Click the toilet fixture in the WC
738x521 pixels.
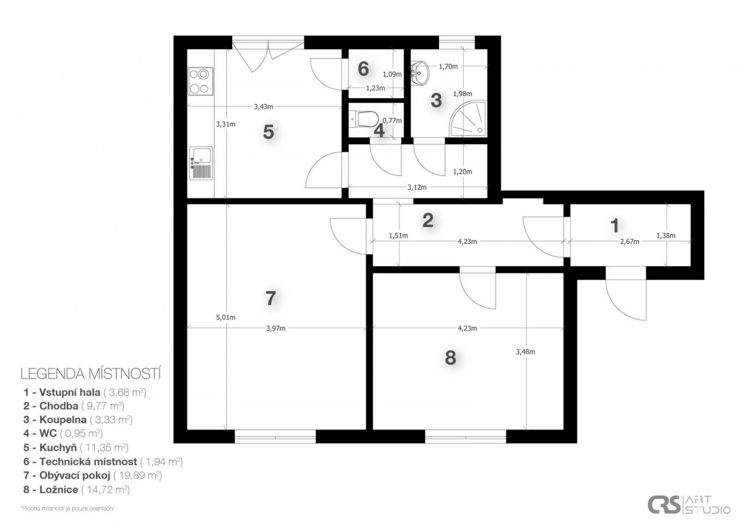tap(363, 119)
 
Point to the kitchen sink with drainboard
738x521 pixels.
tap(200, 163)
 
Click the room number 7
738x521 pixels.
tap(271, 298)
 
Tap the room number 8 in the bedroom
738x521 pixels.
tap(450, 358)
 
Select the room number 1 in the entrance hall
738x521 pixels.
tap(614, 225)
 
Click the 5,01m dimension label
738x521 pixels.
tap(226, 317)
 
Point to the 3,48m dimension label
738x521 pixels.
tap(525, 352)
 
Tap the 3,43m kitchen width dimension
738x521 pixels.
tap(264, 107)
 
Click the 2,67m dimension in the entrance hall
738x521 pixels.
tap(630, 241)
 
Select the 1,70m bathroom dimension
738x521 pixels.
tap(448, 66)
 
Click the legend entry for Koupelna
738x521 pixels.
tap(77, 420)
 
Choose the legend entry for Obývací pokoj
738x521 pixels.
tap(93, 476)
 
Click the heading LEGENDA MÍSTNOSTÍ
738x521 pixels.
tap(90, 374)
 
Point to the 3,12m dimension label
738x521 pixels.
tap(417, 187)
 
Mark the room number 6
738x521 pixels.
tap(363, 69)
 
